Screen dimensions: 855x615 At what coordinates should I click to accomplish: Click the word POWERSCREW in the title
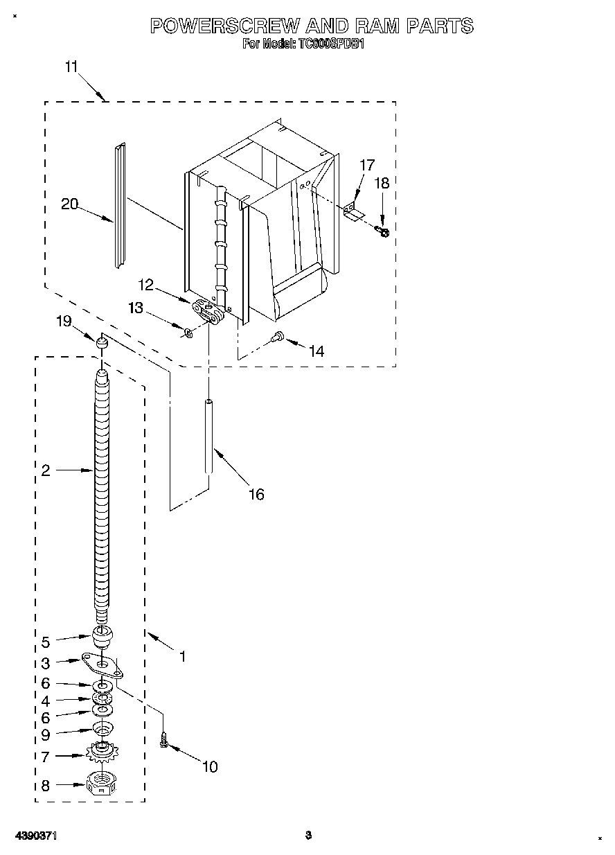224,26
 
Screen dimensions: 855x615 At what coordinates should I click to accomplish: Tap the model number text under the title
303,44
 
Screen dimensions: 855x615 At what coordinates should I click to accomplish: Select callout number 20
69,204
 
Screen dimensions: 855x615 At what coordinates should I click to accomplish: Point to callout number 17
367,165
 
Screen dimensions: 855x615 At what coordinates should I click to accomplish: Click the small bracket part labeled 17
354,212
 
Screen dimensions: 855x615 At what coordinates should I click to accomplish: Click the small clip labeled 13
187,333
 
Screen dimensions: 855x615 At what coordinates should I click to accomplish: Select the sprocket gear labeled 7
102,752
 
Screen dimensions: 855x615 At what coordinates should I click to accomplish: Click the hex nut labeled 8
102,784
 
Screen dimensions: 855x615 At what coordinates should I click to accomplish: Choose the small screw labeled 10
164,740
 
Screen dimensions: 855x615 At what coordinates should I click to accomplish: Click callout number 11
71,67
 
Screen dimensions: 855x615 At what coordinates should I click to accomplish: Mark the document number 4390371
35,836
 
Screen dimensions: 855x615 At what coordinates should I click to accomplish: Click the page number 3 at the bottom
309,836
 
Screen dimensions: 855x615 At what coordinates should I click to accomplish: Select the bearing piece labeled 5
102,635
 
